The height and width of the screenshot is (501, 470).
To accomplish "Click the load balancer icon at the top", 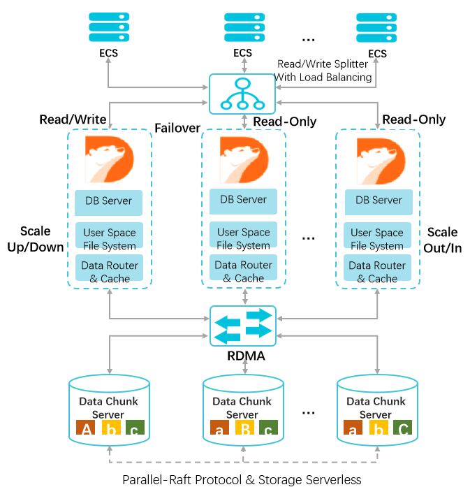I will click(x=242, y=94).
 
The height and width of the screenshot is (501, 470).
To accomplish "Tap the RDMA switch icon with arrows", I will click(x=242, y=326).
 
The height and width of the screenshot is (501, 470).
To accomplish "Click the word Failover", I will click(x=177, y=128).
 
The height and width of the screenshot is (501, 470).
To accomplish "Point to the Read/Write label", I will click(x=73, y=119).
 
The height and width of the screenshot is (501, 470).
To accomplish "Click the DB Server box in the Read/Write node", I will click(x=108, y=201).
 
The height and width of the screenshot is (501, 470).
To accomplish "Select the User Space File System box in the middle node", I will click(x=243, y=238).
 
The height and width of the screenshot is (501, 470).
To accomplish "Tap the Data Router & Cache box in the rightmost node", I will click(x=377, y=272).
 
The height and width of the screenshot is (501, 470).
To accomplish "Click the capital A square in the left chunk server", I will click(x=87, y=429).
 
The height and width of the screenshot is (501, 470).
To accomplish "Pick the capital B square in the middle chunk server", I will click(x=242, y=429).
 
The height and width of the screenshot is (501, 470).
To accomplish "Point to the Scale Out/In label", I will click(x=443, y=240).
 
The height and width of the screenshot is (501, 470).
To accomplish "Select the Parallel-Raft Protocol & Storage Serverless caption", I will click(x=242, y=480).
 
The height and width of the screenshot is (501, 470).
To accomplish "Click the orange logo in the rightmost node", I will click(x=378, y=159).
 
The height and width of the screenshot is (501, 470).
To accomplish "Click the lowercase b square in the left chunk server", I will click(x=109, y=429).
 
